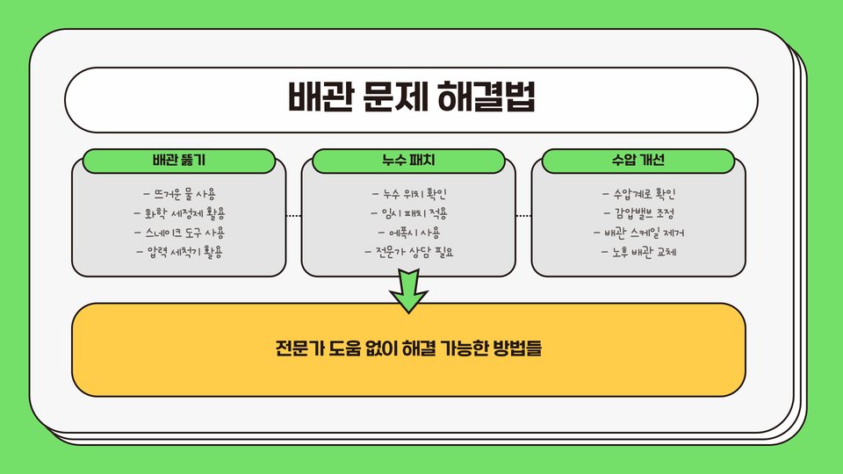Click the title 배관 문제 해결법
411,99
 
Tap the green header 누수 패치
409,162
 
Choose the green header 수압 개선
638,162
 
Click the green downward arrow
409,291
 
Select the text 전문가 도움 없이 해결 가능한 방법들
408,349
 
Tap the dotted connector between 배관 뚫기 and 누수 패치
294,215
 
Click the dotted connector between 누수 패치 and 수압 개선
524,215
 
